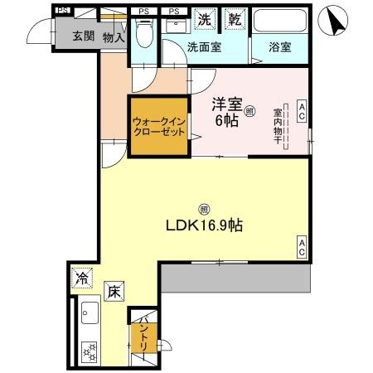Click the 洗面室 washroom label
(203, 48)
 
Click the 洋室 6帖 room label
(225, 113)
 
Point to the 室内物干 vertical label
(278, 127)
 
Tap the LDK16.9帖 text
(207, 225)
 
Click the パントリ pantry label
(143, 333)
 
